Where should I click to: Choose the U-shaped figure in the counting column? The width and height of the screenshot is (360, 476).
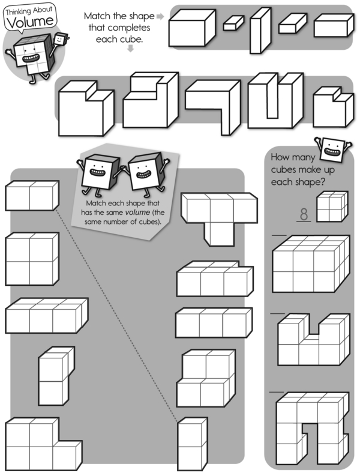[x=311, y=339]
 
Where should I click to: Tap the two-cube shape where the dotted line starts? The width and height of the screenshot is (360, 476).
[x=32, y=196]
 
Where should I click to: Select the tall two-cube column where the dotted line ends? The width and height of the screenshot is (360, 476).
[x=192, y=444]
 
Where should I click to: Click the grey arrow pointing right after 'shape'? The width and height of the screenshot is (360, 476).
[x=159, y=16]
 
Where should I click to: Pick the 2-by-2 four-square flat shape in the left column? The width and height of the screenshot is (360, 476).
[x=32, y=259]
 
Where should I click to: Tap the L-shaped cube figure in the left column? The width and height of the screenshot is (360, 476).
[x=42, y=443]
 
